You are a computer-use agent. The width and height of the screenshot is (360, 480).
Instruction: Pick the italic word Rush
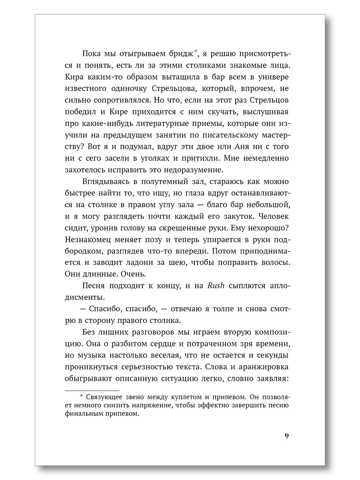216,285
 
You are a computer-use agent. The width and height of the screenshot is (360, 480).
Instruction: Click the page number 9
286,436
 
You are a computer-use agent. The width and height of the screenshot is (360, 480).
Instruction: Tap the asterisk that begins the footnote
81,396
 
